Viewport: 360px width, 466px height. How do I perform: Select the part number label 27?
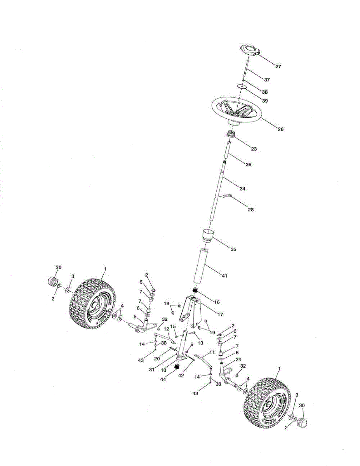click(x=278, y=67)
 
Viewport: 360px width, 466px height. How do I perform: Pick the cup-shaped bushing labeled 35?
click(x=208, y=235)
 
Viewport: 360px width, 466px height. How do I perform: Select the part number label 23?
click(x=254, y=149)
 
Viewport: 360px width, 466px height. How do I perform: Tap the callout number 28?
click(x=250, y=210)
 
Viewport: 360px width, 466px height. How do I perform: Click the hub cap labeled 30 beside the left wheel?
click(x=52, y=281)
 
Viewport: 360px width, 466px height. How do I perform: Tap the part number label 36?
click(x=248, y=165)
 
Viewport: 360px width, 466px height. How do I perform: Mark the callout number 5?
click(x=136, y=316)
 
